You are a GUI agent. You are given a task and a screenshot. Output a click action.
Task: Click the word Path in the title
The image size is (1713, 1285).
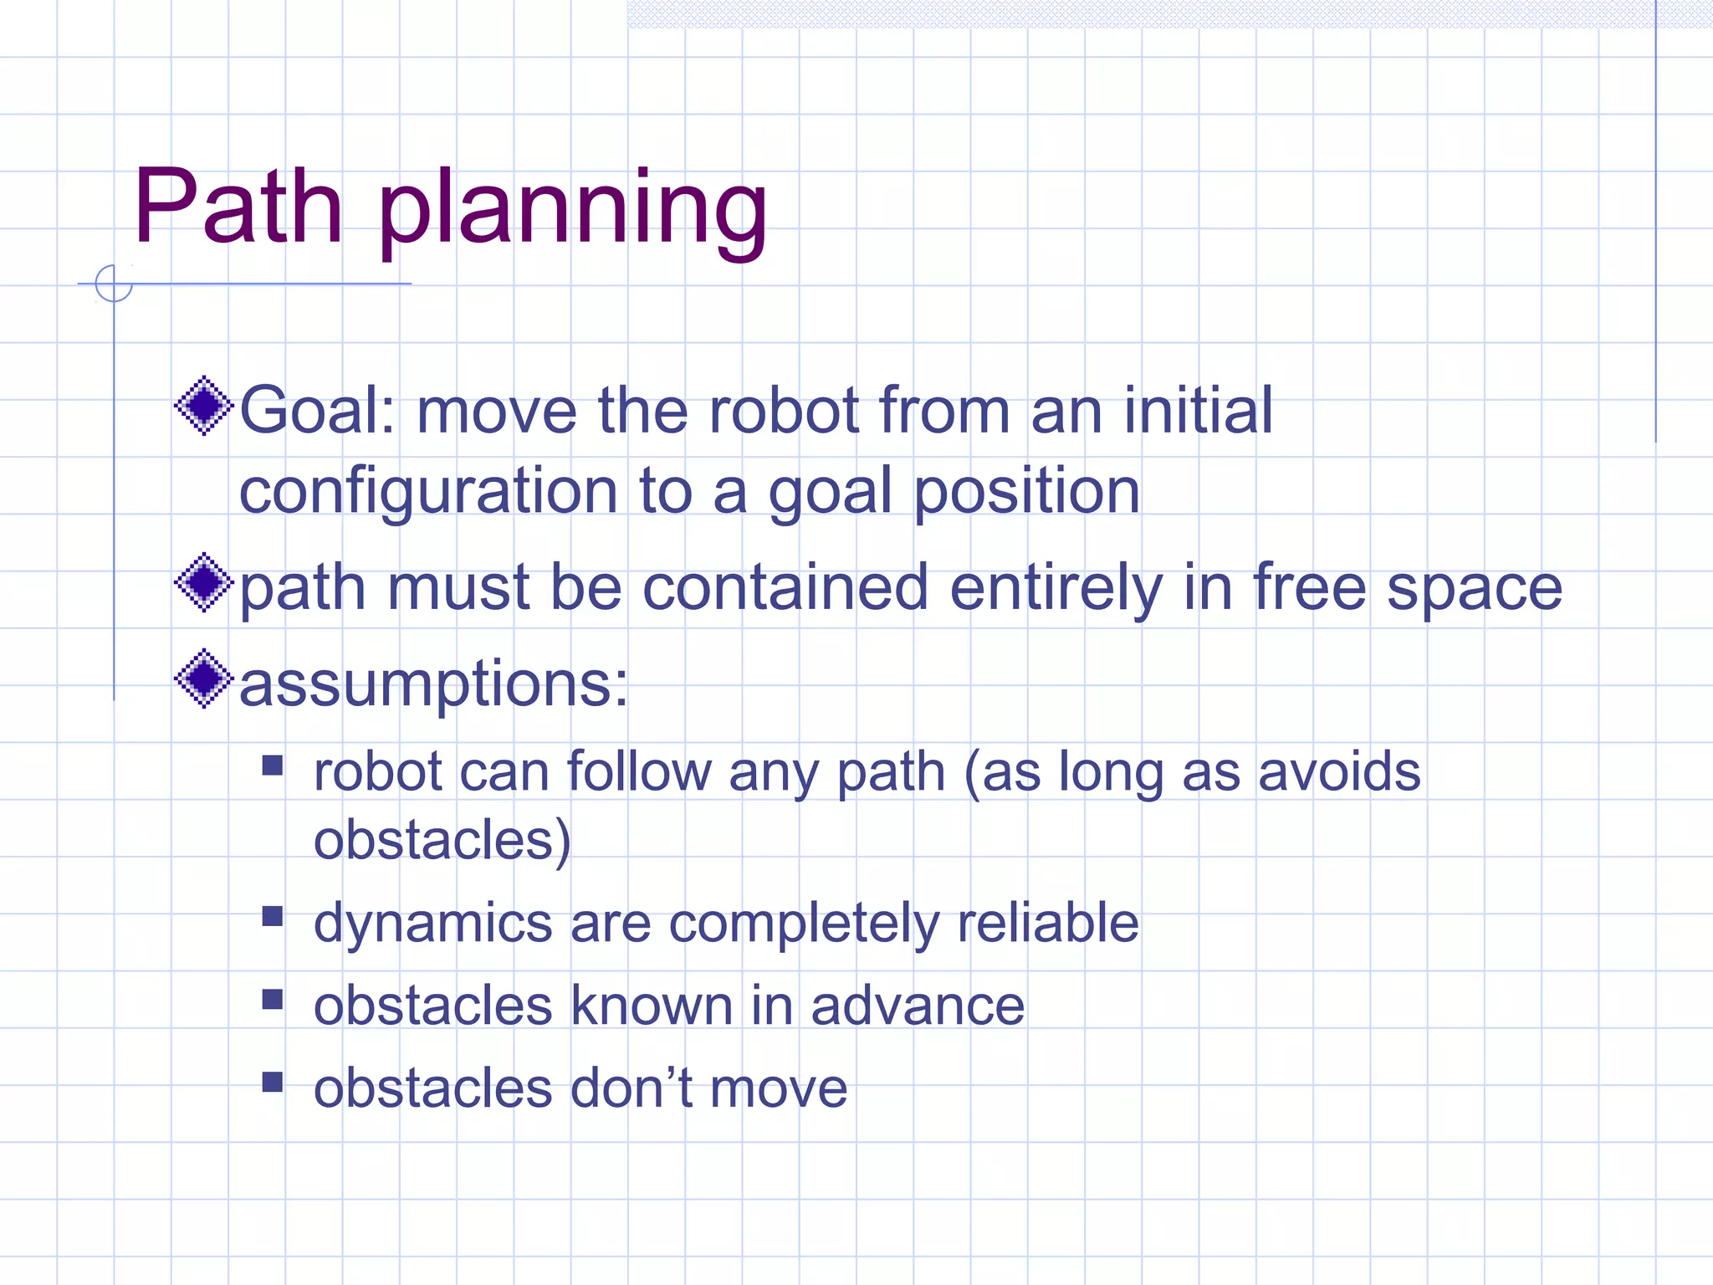pos(238,207)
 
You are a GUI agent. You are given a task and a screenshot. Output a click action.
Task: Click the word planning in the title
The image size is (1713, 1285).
pos(572,209)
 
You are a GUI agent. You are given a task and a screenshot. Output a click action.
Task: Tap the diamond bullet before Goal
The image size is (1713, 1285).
pos(203,407)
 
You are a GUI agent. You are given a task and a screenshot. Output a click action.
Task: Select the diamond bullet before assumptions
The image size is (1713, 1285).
pos(203,678)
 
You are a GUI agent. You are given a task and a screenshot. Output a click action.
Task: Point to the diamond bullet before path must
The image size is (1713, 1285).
pos(203,582)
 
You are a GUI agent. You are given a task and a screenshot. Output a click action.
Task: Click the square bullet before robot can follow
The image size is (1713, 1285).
pos(273,765)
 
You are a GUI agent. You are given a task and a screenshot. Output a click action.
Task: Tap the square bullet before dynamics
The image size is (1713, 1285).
pos(273,917)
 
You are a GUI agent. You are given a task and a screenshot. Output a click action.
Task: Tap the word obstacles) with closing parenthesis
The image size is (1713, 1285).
pos(442,840)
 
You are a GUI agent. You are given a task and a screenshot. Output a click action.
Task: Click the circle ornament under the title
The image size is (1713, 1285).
pos(114,283)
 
